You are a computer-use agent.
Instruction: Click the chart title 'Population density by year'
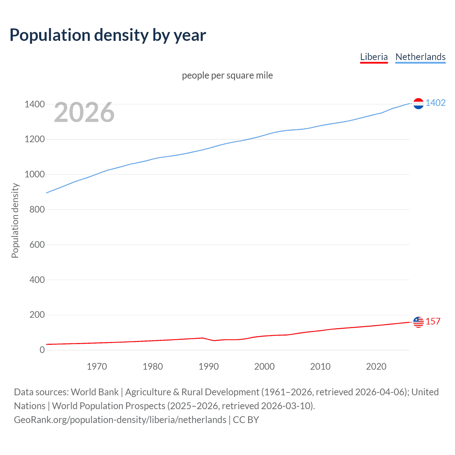(108, 35)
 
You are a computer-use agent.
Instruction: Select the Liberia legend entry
(374, 57)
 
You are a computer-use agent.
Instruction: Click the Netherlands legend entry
(420, 57)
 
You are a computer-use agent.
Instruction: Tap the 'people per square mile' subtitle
(227, 75)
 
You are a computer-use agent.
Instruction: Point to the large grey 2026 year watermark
(84, 112)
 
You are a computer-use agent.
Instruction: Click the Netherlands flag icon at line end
(418, 103)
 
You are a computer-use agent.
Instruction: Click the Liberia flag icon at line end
(418, 322)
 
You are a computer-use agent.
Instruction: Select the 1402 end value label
(435, 103)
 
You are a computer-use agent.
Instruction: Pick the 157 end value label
(433, 321)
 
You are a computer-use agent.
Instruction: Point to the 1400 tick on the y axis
(34, 104)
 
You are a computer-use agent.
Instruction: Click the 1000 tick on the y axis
(34, 174)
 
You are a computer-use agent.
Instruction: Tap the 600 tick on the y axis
(37, 245)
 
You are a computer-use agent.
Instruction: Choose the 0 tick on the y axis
(42, 350)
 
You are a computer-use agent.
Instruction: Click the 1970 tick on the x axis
(97, 366)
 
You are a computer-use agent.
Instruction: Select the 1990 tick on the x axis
(209, 366)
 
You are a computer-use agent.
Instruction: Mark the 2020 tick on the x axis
(376, 366)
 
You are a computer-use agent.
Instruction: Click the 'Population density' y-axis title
(15, 220)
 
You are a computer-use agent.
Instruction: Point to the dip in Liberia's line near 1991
(214, 341)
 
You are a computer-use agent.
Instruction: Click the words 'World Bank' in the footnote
(95, 392)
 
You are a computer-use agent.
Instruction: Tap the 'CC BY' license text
(246, 420)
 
